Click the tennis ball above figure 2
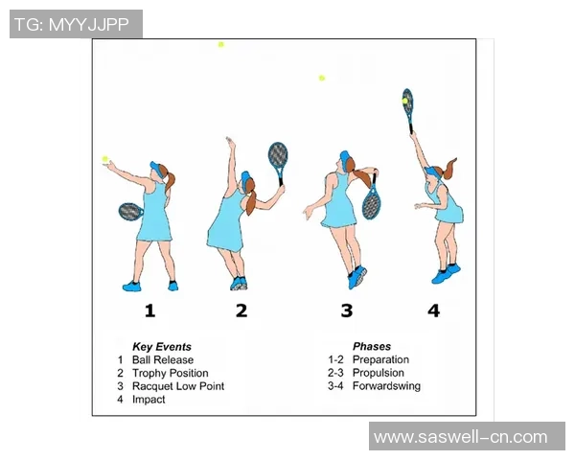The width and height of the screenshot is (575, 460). coord(220,45)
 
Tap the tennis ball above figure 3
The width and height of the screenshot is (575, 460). coord(322,78)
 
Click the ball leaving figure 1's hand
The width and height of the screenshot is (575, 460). coord(105,159)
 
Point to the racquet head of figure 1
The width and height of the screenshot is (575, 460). coord(130,212)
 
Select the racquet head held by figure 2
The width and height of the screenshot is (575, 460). coord(278,154)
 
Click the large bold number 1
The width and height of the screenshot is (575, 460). coord(149,310)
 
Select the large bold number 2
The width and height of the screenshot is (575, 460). coord(241,310)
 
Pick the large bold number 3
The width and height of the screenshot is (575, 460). coord(347,310)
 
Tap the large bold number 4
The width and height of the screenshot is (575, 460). coord(433,310)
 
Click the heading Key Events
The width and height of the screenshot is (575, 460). coord(162,347)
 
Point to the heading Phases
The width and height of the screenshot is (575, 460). coord(372,346)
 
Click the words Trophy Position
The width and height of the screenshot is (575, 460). coord(171,373)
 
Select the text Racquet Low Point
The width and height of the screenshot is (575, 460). coord(178,386)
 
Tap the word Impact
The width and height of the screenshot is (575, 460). coord(149,400)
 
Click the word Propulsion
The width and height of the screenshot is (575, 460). coord(379,373)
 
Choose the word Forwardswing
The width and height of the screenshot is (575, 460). coord(386,386)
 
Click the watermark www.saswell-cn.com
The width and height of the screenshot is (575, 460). coord(460,437)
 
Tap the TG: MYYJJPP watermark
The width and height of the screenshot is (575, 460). coord(72,25)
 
